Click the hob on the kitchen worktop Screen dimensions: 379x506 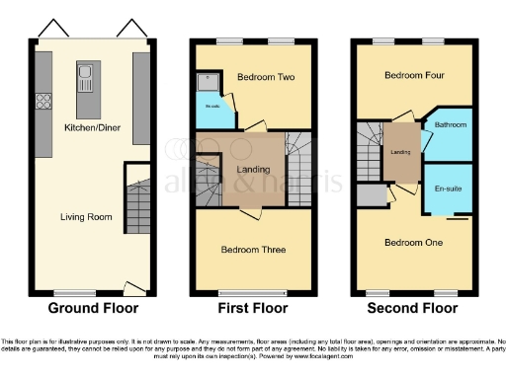(44, 101)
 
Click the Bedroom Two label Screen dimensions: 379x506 (262, 75)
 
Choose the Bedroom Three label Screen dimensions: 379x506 (253, 250)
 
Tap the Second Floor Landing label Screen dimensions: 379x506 (401, 151)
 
